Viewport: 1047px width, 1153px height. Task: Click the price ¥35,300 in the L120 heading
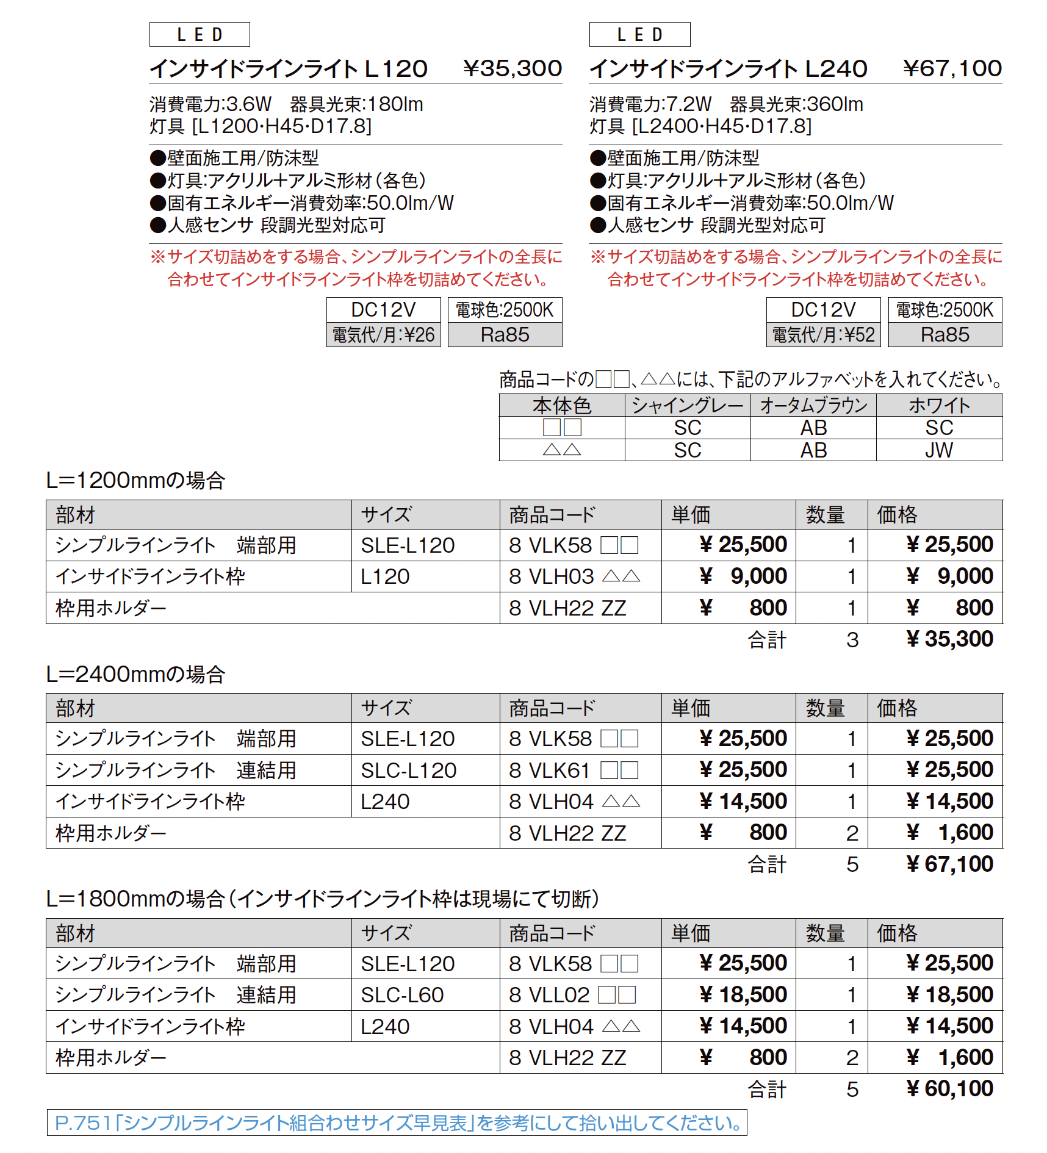pyautogui.click(x=512, y=68)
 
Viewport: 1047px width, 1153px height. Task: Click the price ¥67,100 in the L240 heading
pyautogui.click(x=952, y=68)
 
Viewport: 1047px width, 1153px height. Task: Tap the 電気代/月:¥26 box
pyautogui.click(x=383, y=335)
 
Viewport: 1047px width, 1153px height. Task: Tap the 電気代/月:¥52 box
pyautogui.click(x=823, y=335)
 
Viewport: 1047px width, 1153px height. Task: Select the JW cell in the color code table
pyautogui.click(x=938, y=450)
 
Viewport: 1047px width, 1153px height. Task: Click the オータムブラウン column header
pyautogui.click(x=813, y=406)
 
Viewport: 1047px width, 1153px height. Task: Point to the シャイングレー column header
pyautogui.click(x=688, y=406)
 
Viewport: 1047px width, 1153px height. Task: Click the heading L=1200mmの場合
pyautogui.click(x=135, y=481)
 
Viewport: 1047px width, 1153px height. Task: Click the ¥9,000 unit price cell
pyautogui.click(x=743, y=576)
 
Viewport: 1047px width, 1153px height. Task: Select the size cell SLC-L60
pyautogui.click(x=402, y=995)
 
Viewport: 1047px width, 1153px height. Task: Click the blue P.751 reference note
pyautogui.click(x=397, y=1123)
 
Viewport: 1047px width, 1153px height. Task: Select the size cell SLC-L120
pyautogui.click(x=408, y=770)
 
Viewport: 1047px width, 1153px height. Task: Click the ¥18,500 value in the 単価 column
pyautogui.click(x=743, y=995)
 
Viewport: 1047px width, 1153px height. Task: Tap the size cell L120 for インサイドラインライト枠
pyautogui.click(x=385, y=576)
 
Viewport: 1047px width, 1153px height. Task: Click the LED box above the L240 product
pyautogui.click(x=639, y=35)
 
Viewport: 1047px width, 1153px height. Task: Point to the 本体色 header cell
pyautogui.click(x=561, y=406)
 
